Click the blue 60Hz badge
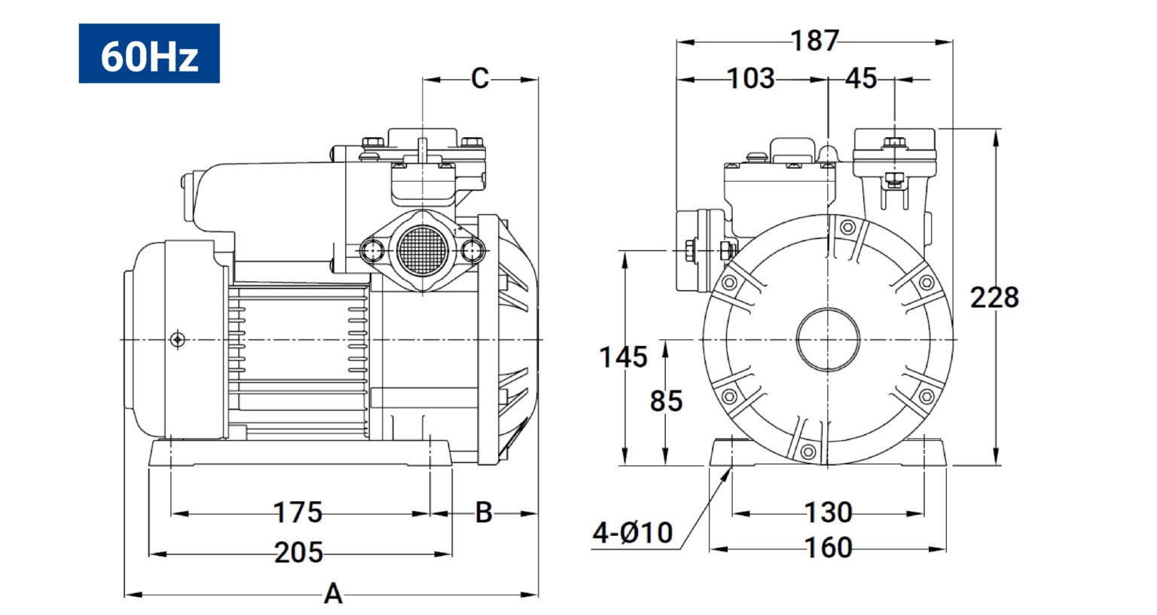click(x=148, y=54)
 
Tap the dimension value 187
click(x=814, y=40)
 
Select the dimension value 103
click(x=750, y=78)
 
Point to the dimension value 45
click(x=861, y=78)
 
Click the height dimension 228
click(x=994, y=298)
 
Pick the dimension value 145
click(x=623, y=357)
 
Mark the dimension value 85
click(x=666, y=401)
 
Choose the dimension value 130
click(x=828, y=512)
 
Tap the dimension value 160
click(x=828, y=548)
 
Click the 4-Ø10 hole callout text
click(x=632, y=532)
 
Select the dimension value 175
click(x=298, y=512)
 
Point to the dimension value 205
click(x=298, y=552)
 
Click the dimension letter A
click(x=333, y=593)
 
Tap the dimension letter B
click(x=484, y=512)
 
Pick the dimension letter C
click(x=480, y=78)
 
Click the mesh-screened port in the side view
click(x=422, y=251)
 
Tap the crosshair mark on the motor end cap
click(x=177, y=340)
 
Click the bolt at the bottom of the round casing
click(x=807, y=451)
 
